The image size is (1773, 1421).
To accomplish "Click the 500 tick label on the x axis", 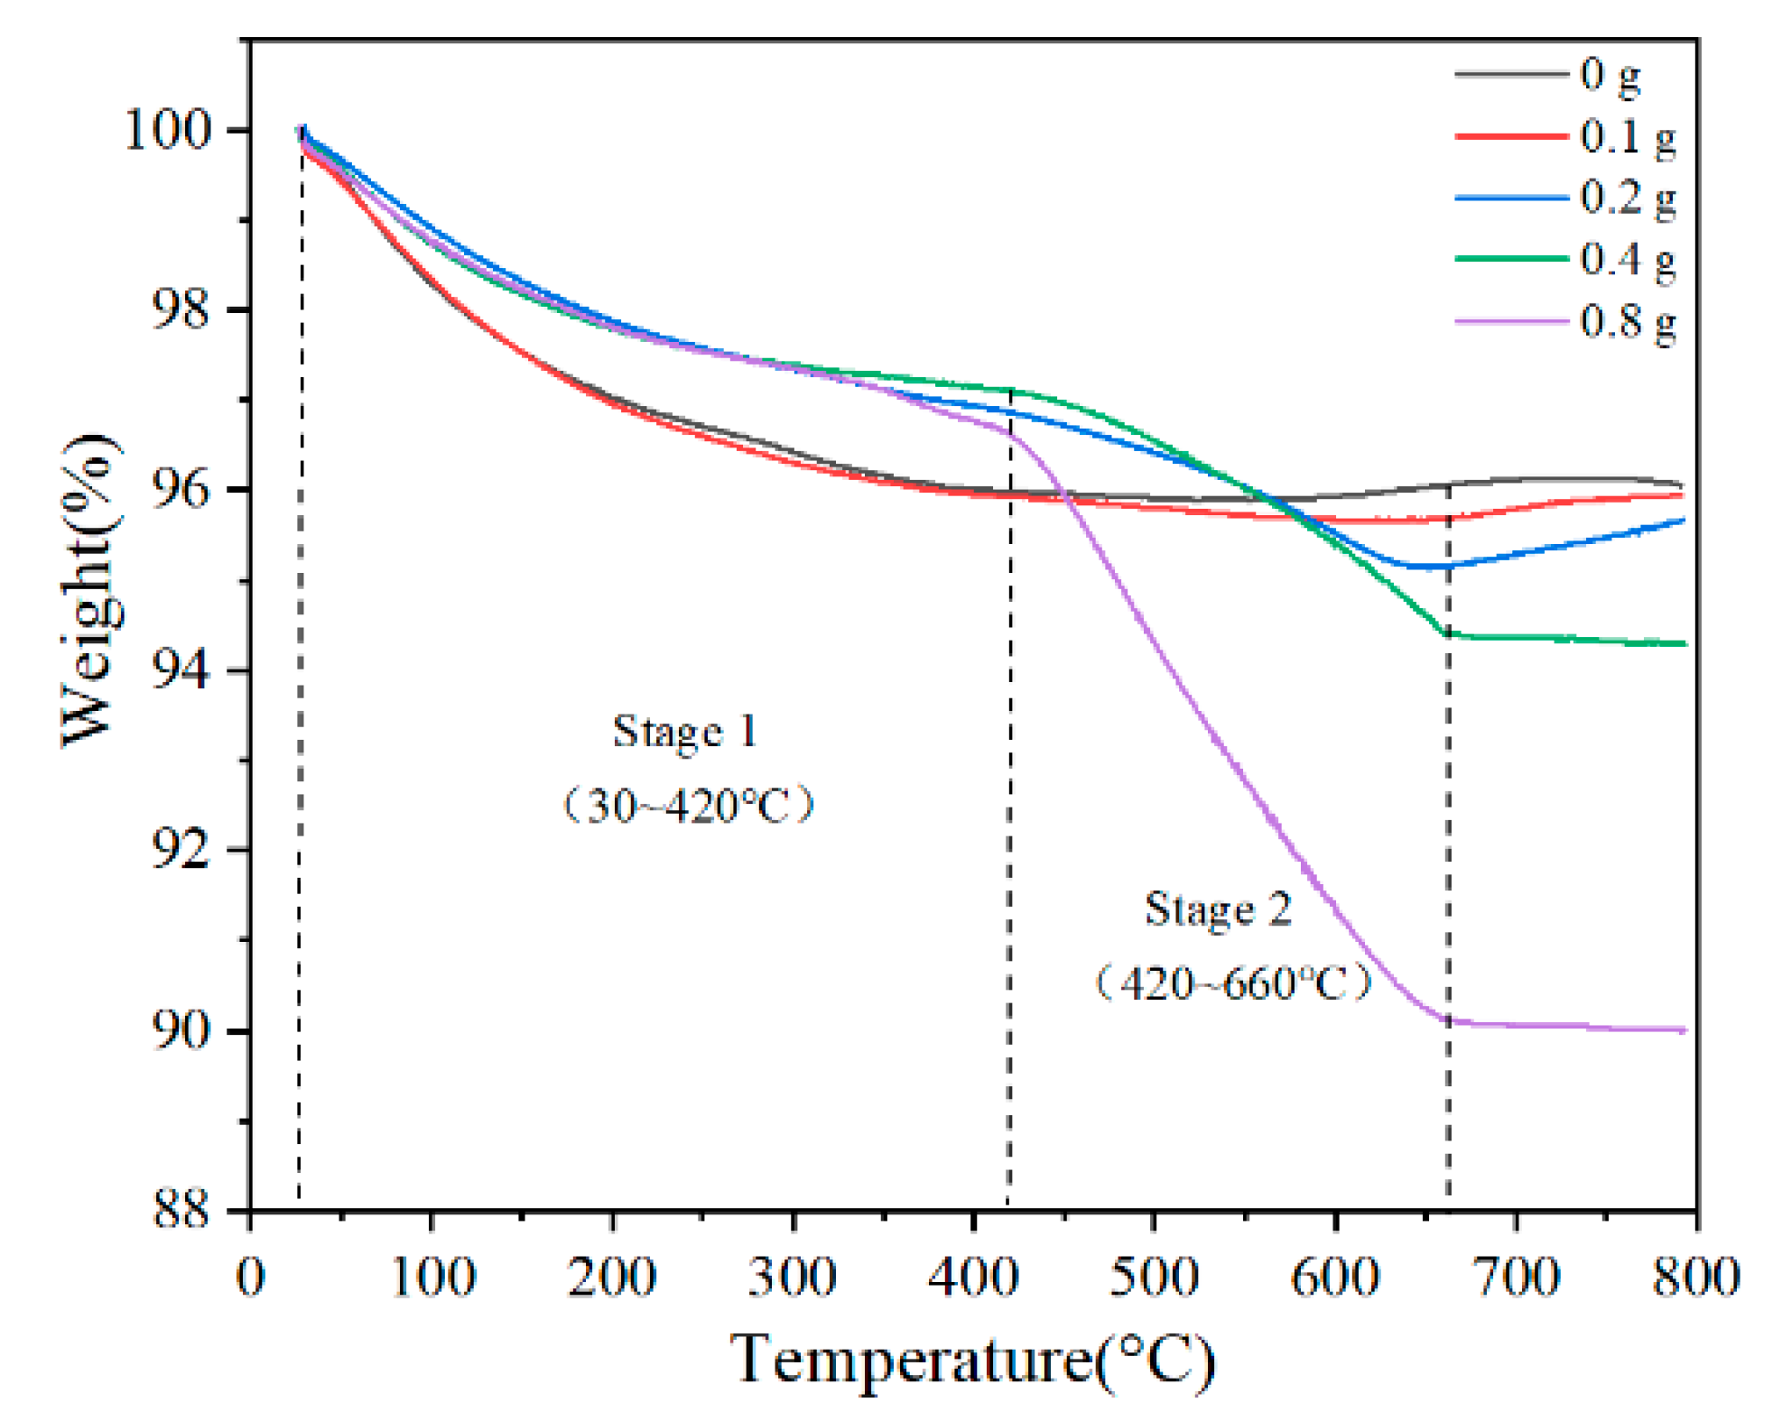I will [1155, 1278].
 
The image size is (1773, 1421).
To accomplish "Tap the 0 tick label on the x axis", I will [250, 1278].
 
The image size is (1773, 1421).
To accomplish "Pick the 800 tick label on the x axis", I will [1695, 1278].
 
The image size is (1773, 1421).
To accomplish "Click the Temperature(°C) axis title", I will [972, 1360].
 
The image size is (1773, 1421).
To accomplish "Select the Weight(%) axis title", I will [90, 591].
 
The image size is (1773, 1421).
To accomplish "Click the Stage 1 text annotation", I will [684, 732].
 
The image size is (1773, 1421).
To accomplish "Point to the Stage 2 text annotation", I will [1219, 909].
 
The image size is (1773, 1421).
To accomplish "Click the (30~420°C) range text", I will [688, 805].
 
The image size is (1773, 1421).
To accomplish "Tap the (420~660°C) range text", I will [1233, 983].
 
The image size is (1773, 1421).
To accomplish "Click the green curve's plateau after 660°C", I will [1571, 639].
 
